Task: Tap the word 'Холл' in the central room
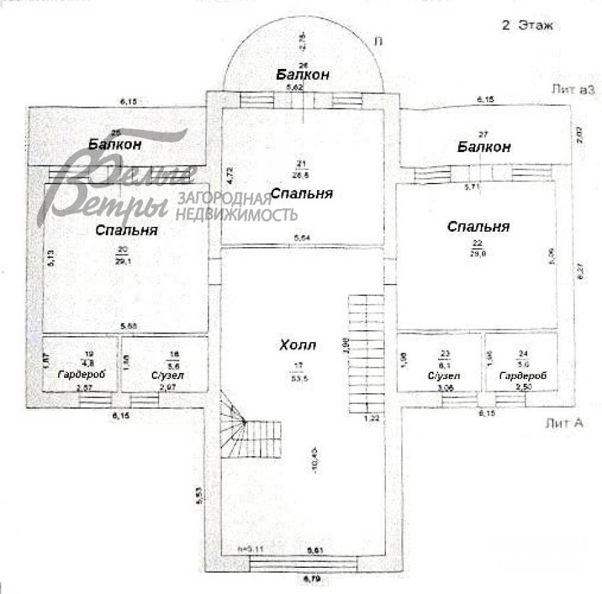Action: tap(297, 346)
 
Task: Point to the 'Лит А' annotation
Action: tap(565, 423)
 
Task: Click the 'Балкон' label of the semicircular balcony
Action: tap(303, 74)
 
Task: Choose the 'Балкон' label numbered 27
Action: tap(484, 147)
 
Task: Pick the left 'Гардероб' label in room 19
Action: tap(80, 375)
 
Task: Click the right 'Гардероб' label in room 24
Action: tap(522, 376)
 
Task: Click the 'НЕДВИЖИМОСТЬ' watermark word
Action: tap(236, 214)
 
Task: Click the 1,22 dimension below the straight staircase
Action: tap(371, 419)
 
